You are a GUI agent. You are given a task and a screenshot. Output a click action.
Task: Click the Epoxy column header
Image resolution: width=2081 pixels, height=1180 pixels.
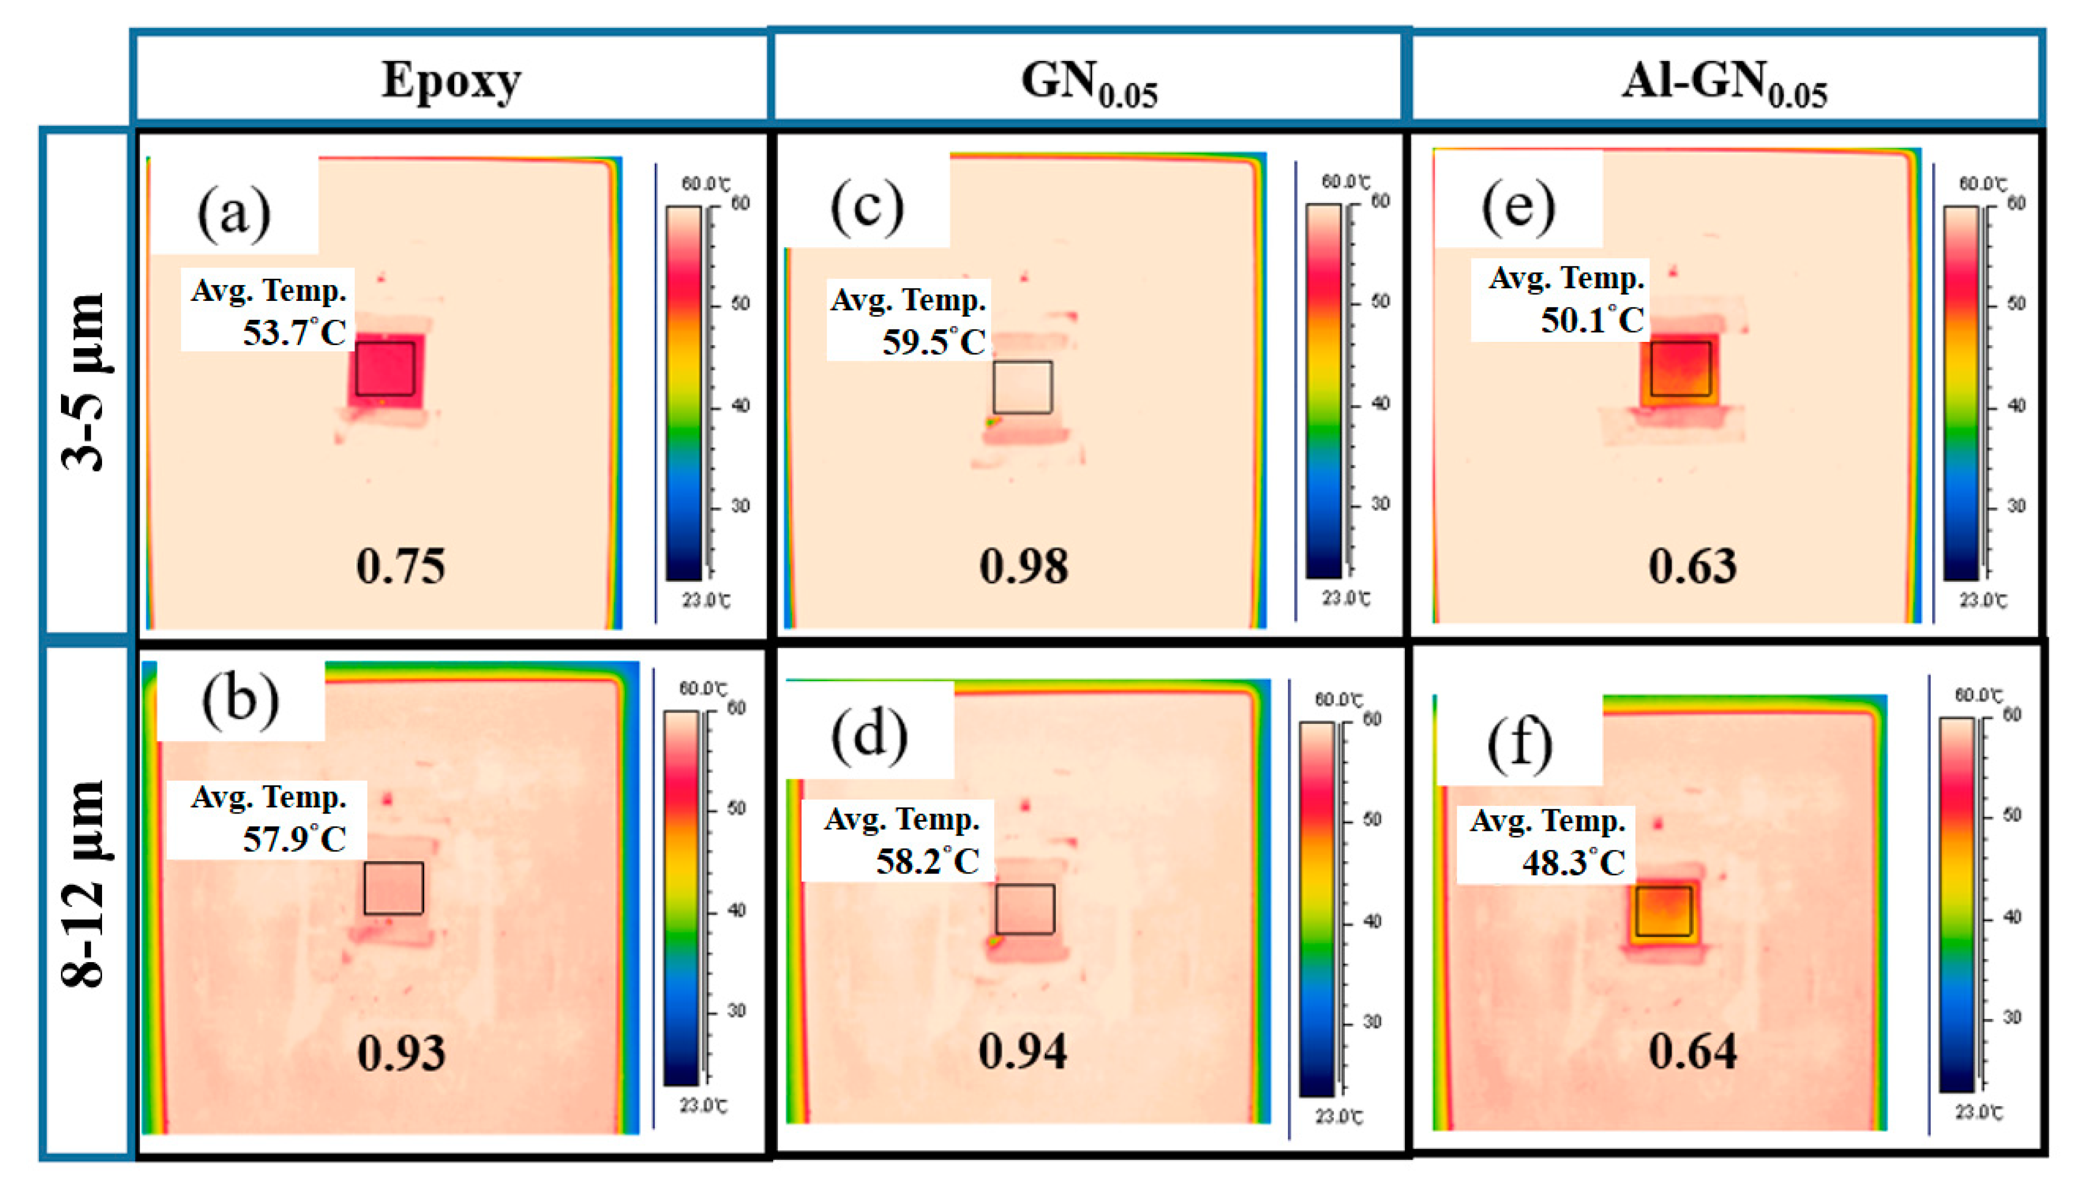click(x=451, y=80)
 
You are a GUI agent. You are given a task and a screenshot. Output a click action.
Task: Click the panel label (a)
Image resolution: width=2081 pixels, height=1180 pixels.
click(x=234, y=212)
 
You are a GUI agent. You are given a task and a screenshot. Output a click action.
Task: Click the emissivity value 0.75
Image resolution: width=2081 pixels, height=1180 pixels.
click(x=400, y=566)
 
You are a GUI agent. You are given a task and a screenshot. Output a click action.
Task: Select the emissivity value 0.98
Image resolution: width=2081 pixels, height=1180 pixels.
click(x=1023, y=566)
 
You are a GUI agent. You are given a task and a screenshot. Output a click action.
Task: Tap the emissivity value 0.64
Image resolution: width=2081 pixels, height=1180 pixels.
click(x=1692, y=1052)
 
